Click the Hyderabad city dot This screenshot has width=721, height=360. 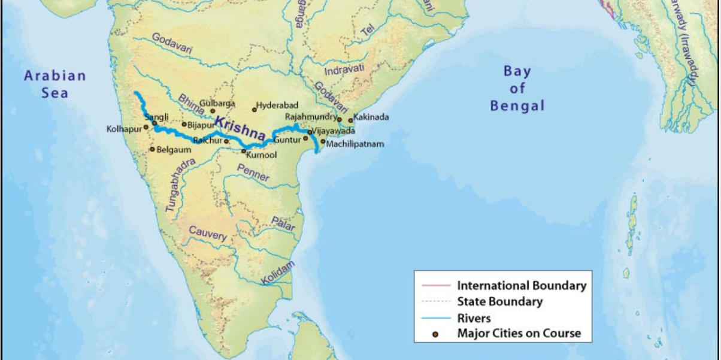[x=255, y=110]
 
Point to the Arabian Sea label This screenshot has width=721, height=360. [x=54, y=84]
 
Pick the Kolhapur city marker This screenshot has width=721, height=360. [x=146, y=127]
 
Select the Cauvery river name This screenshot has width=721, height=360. [x=208, y=234]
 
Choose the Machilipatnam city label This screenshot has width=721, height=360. [x=355, y=144]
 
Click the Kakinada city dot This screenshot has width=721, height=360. [x=351, y=120]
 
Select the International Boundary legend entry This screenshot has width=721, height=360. [x=522, y=286]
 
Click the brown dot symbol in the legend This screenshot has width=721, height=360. [x=435, y=335]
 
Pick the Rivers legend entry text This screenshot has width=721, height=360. [x=474, y=318]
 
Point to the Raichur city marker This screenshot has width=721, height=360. [x=226, y=141]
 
